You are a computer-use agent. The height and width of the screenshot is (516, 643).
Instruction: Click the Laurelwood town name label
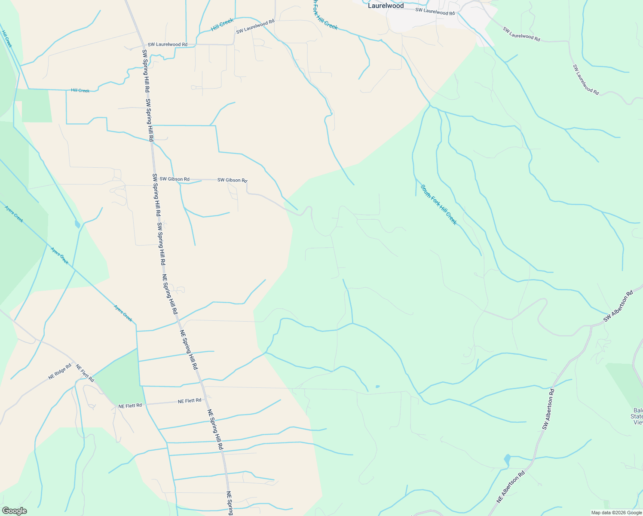click(386, 6)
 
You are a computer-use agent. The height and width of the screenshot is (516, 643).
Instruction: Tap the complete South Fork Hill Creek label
click(438, 205)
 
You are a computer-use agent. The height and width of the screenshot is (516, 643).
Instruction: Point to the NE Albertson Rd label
click(511, 487)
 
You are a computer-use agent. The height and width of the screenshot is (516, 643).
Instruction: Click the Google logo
click(14, 510)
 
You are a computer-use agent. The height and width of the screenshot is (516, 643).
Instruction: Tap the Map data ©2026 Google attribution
click(616, 513)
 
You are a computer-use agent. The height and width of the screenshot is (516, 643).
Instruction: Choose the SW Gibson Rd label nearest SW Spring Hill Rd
click(174, 179)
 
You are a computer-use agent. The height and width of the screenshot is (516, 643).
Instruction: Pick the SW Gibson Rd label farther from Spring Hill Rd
click(232, 180)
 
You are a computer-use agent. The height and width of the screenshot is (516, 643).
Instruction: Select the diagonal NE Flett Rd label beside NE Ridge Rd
click(85, 373)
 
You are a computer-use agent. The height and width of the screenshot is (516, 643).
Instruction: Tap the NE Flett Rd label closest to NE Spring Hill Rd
click(190, 401)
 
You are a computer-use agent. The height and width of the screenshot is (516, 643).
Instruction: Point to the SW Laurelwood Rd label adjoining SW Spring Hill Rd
click(167, 44)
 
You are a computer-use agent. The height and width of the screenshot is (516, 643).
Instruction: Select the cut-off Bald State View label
click(638, 416)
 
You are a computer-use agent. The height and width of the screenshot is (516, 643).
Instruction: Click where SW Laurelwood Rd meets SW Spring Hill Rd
click(144, 45)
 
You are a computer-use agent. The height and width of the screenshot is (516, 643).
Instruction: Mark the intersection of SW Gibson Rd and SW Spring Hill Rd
click(153, 179)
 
